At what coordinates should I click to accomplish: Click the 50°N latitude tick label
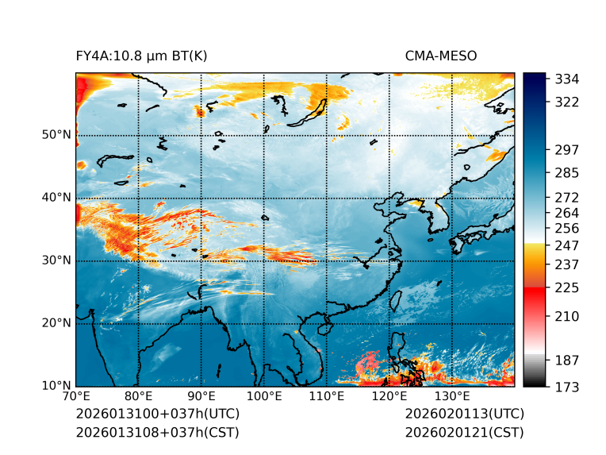56,135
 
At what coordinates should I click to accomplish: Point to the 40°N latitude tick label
56,198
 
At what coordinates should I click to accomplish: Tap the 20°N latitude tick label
56,323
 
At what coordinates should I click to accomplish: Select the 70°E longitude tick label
76,396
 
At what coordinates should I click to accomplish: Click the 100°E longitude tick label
264,396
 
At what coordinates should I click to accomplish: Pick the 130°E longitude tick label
452,396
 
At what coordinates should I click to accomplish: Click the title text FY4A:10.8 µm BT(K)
141,56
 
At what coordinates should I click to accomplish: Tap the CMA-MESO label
441,56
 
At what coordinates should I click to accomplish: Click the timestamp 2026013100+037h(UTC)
157,414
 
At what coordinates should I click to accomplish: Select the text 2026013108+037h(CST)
157,432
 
